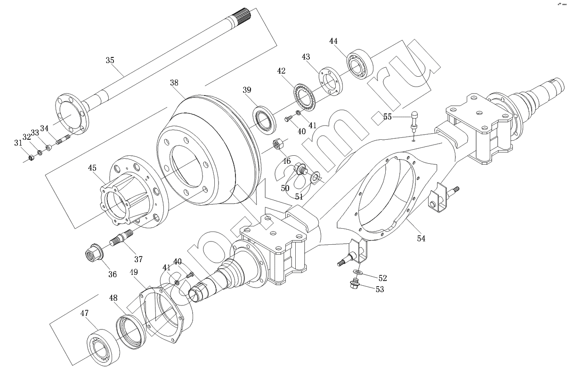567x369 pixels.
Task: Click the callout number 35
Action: (110, 60)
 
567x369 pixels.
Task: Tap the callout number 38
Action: (174, 83)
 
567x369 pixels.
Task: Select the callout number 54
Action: (421, 239)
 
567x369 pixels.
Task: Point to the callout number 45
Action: (92, 168)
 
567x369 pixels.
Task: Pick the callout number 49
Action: (134, 273)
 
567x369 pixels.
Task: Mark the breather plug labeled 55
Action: (414, 120)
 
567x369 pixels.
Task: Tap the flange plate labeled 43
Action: (331, 80)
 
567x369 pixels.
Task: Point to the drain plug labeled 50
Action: (300, 169)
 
